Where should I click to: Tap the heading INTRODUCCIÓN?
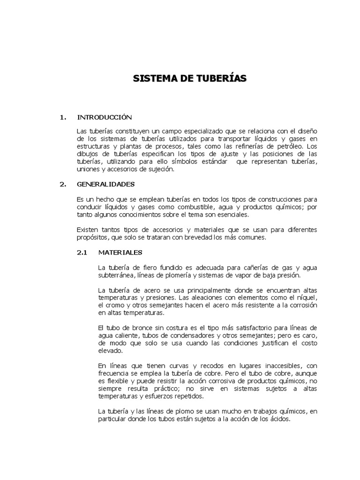(x=105, y=117)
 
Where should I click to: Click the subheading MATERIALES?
(x=120, y=252)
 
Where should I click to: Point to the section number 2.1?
(x=82, y=252)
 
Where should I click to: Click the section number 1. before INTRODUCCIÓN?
(x=63, y=117)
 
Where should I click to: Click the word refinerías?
(x=243, y=146)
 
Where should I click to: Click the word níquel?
(x=308, y=298)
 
